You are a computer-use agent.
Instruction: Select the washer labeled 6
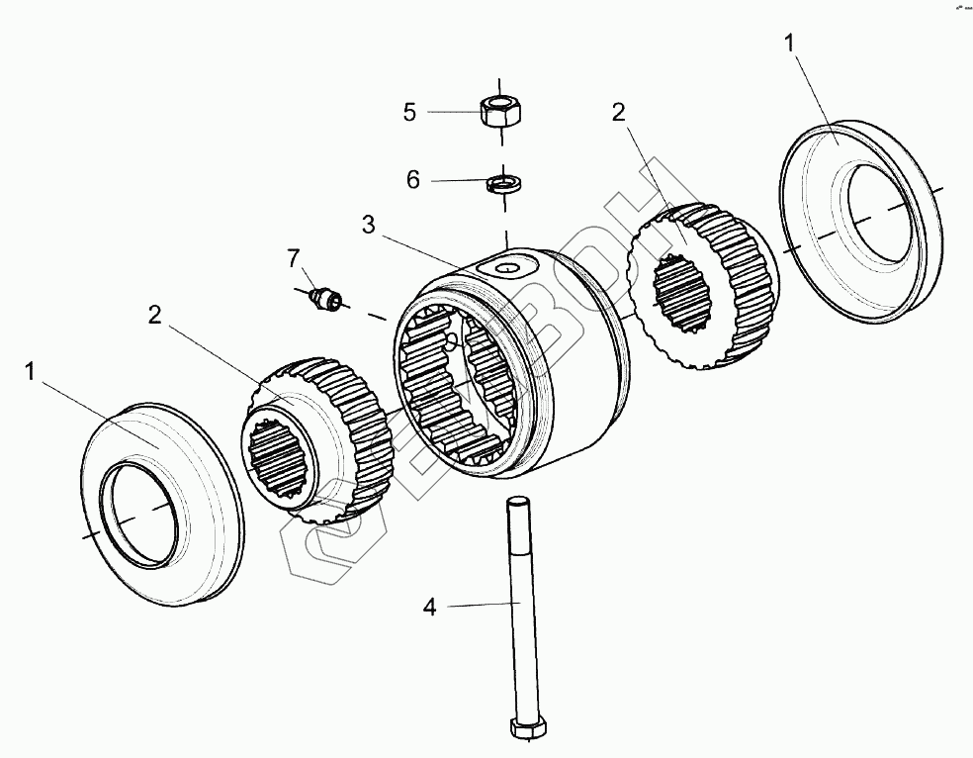(504, 183)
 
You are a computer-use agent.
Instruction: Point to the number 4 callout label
(429, 607)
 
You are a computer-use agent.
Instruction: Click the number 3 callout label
(368, 225)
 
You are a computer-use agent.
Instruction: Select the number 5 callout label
(410, 112)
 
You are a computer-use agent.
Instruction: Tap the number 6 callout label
(412, 180)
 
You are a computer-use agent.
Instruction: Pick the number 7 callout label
(293, 259)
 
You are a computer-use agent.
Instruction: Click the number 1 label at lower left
(31, 371)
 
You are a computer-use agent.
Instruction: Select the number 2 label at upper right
(618, 113)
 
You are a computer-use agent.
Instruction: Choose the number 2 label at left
(154, 316)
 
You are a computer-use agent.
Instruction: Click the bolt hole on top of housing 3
(506, 268)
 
